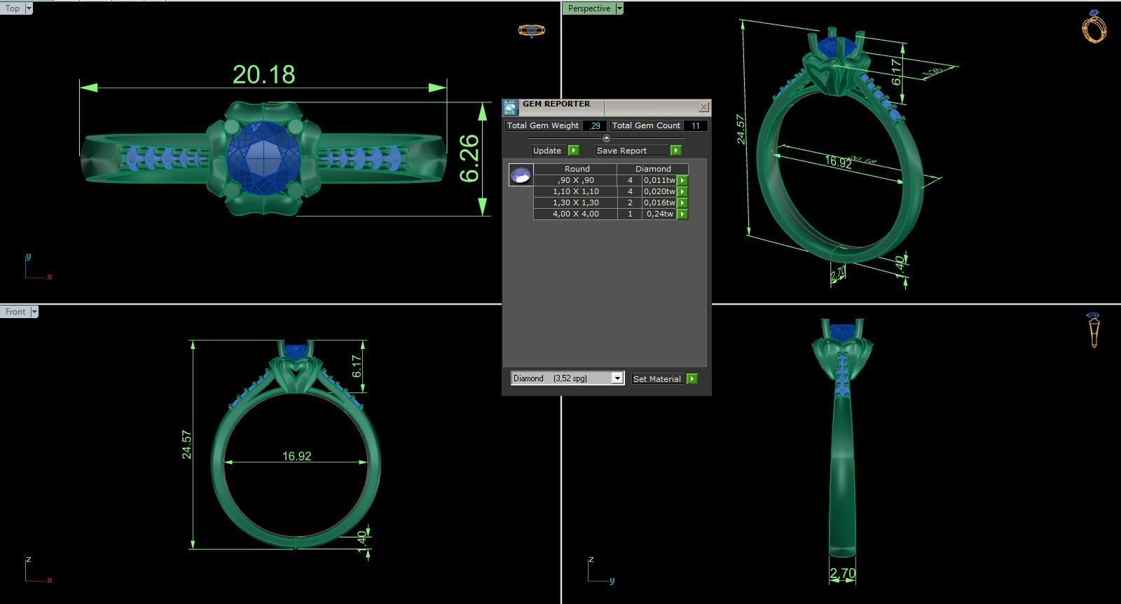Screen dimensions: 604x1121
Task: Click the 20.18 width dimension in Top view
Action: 263,74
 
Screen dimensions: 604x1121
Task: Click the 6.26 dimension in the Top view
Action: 469,158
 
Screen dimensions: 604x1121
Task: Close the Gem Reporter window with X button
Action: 703,107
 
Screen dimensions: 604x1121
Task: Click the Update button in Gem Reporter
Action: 547,151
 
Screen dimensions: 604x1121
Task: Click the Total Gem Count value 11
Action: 695,125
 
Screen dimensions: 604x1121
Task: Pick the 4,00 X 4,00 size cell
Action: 575,214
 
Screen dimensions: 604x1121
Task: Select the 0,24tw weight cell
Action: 659,214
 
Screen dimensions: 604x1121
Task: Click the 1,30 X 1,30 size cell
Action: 575,203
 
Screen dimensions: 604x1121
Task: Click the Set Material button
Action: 656,378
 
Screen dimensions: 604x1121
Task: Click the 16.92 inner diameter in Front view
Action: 296,456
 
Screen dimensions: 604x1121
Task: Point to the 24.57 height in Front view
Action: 186,445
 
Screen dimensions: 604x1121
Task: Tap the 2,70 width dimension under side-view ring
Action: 842,574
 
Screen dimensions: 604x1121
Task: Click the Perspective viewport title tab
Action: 589,8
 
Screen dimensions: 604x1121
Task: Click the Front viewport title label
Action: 15,312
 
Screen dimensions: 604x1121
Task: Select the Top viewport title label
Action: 13,8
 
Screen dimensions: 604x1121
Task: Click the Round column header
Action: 577,169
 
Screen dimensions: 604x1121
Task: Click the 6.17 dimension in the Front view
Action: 357,366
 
